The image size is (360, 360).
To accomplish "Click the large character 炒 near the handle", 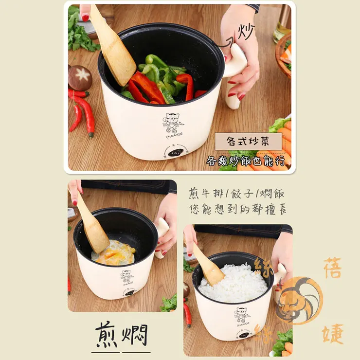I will coord(246,32).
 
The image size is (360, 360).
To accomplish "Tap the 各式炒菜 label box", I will coord(249,142).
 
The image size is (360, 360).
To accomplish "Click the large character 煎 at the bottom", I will coord(107,335).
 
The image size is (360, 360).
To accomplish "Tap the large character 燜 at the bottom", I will coord(135,335).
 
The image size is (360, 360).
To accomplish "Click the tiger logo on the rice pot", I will coord(240,315).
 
